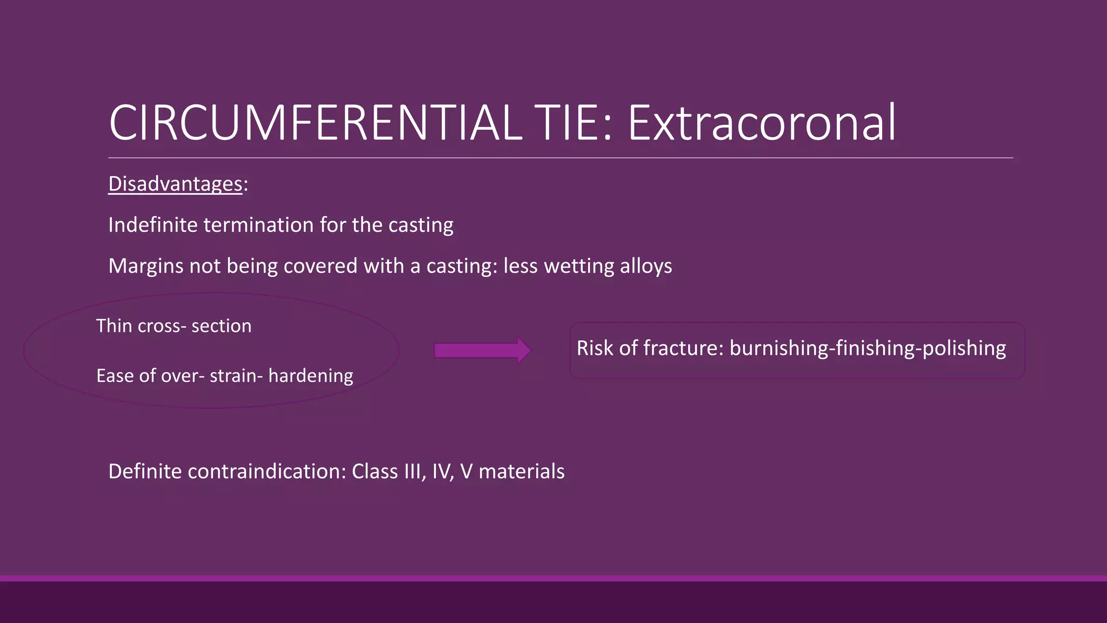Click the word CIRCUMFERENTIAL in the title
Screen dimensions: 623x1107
pyautogui.click(x=315, y=123)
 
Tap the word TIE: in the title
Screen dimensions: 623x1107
pyautogui.click(x=573, y=123)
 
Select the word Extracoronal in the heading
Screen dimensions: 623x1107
pyautogui.click(x=761, y=123)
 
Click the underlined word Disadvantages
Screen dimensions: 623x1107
pyautogui.click(x=175, y=184)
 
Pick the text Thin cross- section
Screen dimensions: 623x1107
pyautogui.click(x=174, y=326)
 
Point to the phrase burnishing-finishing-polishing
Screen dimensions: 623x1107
pyautogui.click(x=868, y=348)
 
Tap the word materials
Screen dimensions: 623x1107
pyautogui.click(x=521, y=472)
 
